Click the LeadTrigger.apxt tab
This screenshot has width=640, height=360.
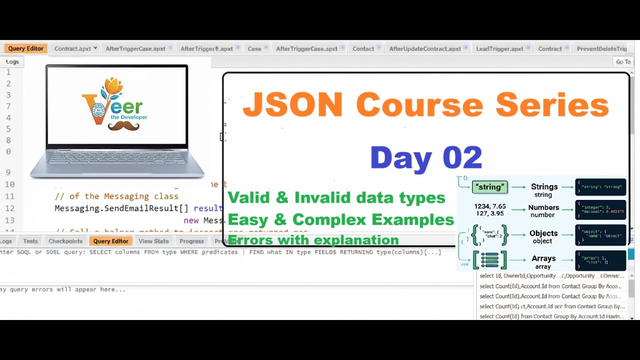[499, 48]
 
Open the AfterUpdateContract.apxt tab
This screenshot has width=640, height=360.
[425, 48]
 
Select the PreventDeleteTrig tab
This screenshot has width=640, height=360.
[601, 48]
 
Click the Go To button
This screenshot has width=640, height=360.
[623, 61]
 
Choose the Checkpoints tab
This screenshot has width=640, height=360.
[65, 241]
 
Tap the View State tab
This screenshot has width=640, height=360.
[153, 241]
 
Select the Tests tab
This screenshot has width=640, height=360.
[30, 241]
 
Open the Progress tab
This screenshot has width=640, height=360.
[191, 241]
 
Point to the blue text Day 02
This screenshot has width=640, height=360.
[426, 157]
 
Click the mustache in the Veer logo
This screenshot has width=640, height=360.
[124, 126]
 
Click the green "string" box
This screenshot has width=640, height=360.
[489, 187]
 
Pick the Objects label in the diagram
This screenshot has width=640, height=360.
[543, 233]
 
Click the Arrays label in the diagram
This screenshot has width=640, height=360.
[543, 258]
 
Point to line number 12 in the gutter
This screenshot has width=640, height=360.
[10, 208]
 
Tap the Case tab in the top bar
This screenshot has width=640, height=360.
[254, 48]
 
